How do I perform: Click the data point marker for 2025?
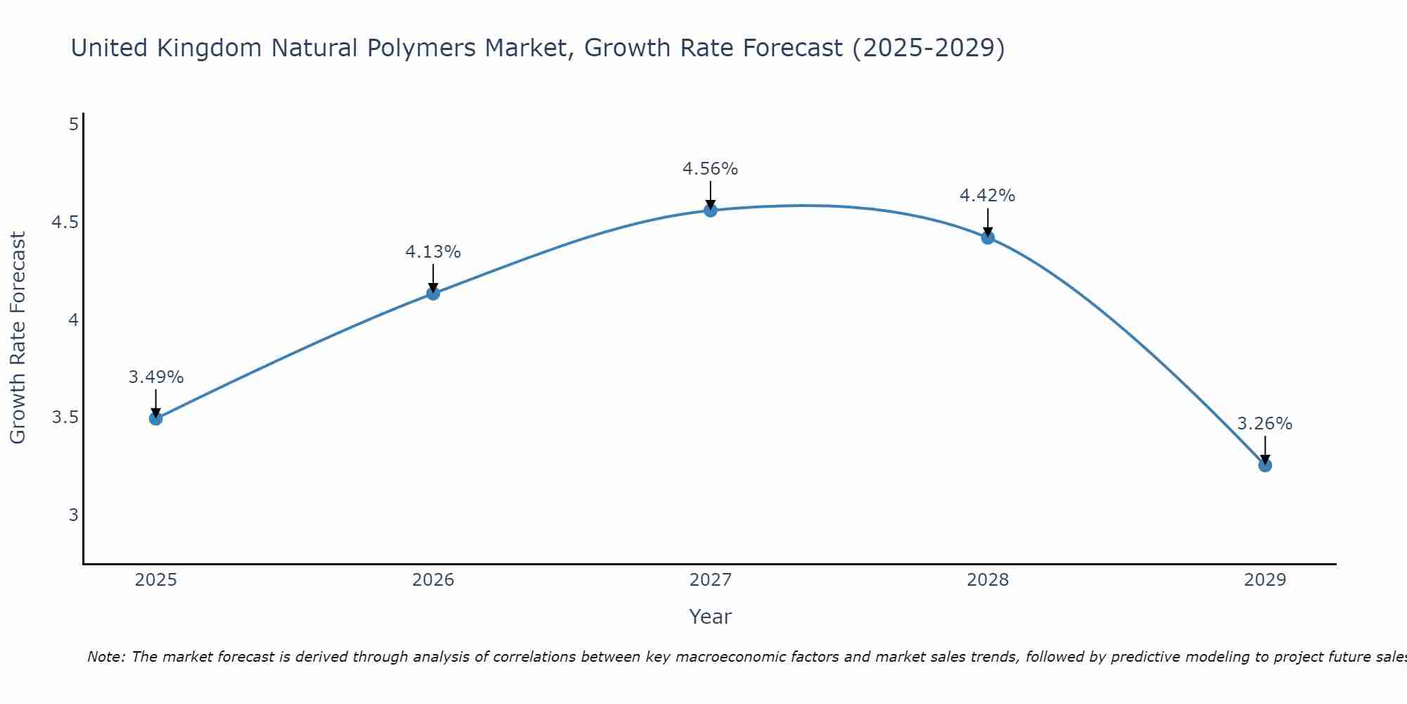(x=156, y=419)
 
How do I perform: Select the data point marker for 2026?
(x=433, y=294)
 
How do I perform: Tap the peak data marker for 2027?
(x=711, y=210)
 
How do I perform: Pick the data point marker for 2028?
(x=988, y=237)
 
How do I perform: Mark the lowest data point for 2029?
(x=1265, y=465)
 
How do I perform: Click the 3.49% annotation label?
(x=156, y=377)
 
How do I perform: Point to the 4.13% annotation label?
(x=433, y=252)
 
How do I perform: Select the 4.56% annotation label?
(x=711, y=169)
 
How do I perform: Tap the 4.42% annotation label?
(x=988, y=196)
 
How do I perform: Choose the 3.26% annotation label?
(x=1265, y=424)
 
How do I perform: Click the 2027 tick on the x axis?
(x=711, y=580)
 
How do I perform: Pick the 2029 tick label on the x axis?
(x=1265, y=580)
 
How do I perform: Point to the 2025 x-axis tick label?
(x=156, y=580)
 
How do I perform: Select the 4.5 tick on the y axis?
(x=64, y=222)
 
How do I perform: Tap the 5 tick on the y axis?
(x=73, y=125)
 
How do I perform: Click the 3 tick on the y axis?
(x=73, y=515)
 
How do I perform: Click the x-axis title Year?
(x=711, y=617)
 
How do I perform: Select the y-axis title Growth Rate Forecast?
(x=18, y=338)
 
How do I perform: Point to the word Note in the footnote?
(x=106, y=657)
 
